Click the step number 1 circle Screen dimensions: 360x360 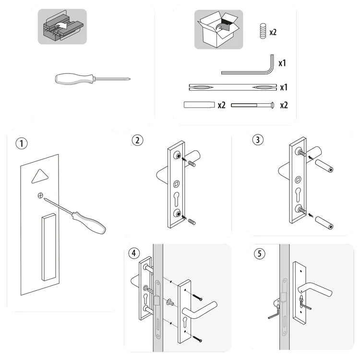pos(20,143)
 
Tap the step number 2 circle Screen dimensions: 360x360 pos(138,140)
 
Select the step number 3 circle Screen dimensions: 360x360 pos(258,140)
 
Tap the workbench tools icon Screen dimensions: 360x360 pos(62,27)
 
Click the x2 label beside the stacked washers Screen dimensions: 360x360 pos(273,32)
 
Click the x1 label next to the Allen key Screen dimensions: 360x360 pos(283,63)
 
